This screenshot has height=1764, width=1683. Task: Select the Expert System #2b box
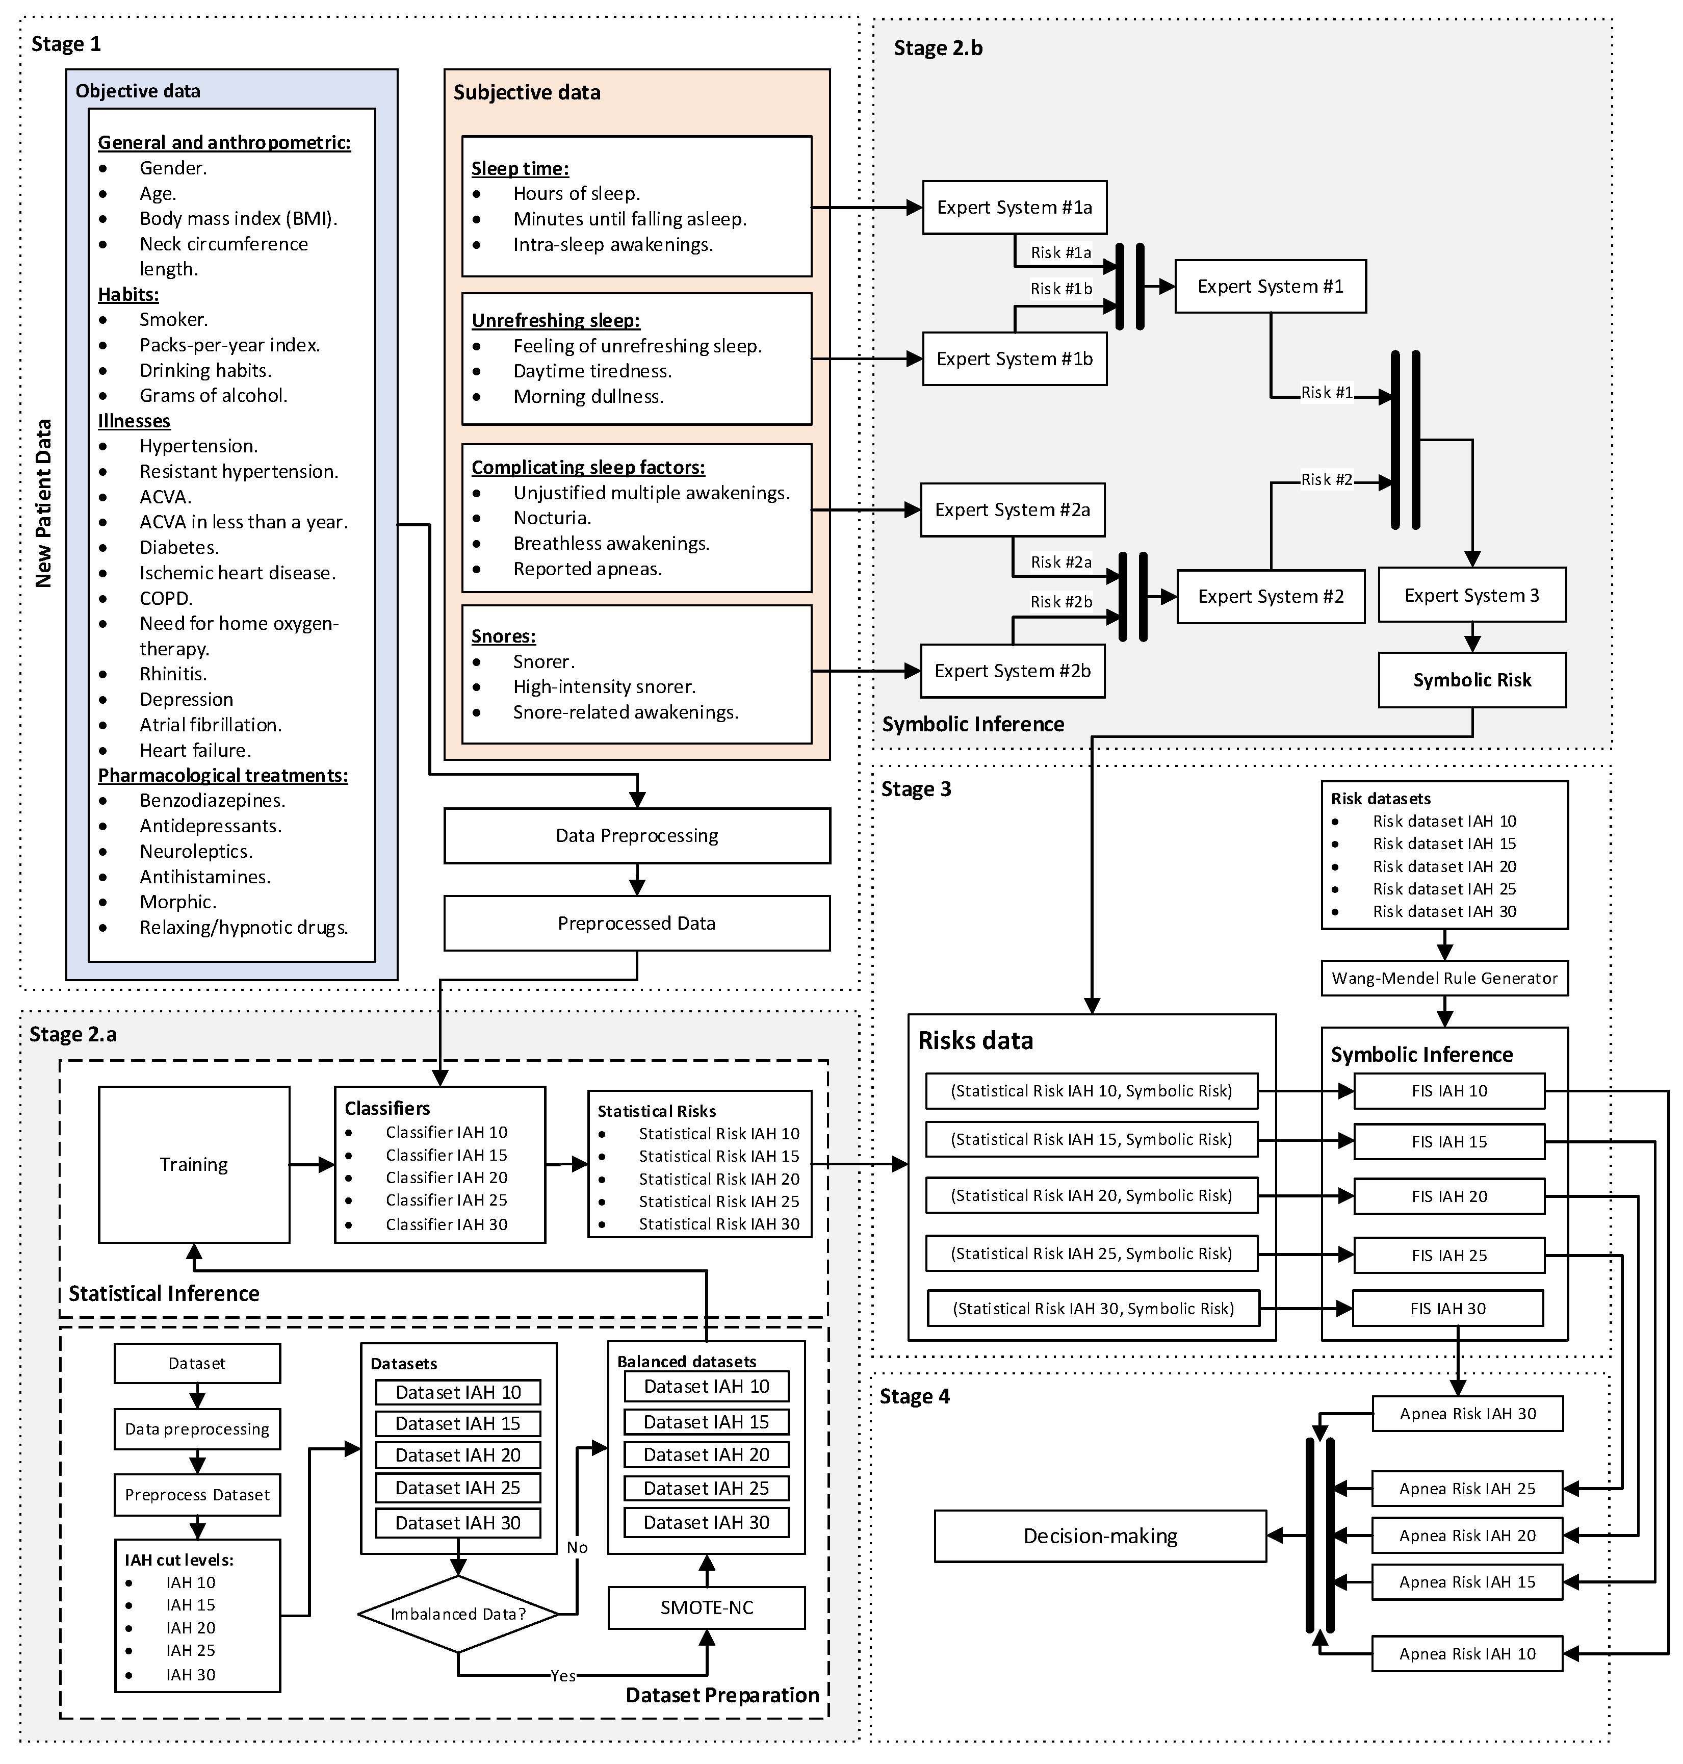1012,671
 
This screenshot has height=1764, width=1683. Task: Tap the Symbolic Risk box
1471,680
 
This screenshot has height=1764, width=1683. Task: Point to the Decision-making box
1100,1536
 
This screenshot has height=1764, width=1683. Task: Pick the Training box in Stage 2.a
194,1165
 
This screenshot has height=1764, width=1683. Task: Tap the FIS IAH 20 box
1449,1196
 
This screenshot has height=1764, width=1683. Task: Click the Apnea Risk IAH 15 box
1467,1582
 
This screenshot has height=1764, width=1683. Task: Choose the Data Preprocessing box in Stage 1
636,835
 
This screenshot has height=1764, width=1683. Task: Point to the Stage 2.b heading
938,48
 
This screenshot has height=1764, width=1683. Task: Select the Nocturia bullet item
552,518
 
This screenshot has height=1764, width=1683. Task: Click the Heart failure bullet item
195,750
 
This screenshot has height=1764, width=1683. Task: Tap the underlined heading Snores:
503,636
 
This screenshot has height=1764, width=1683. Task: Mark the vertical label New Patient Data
43,502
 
